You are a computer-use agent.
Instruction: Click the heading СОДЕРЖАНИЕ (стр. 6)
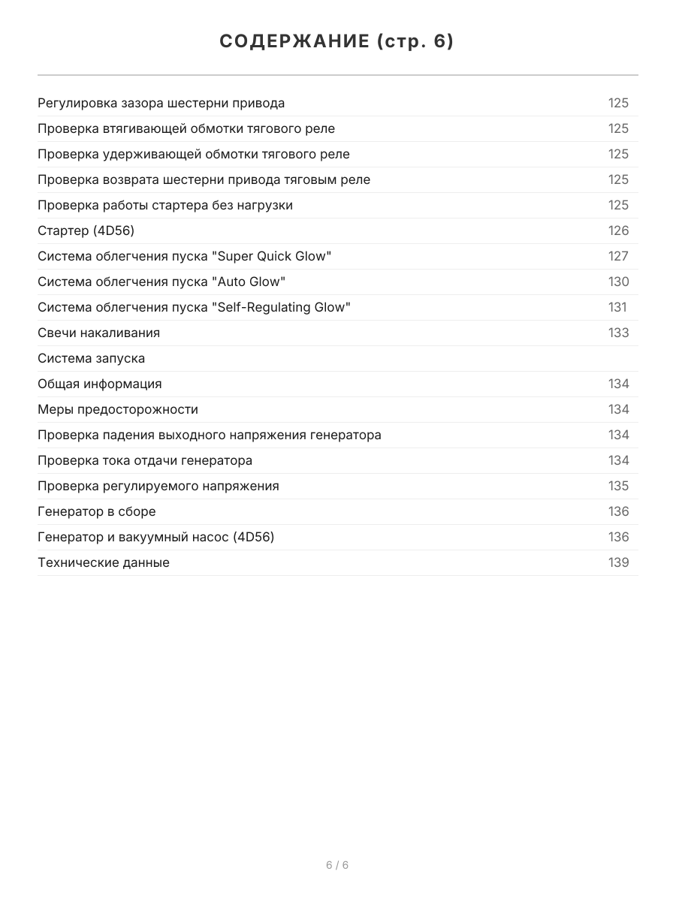337,41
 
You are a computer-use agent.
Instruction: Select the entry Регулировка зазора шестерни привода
161,104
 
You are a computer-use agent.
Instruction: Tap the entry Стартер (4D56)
86,231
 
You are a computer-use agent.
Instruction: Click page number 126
618,231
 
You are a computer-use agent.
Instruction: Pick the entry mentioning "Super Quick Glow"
185,257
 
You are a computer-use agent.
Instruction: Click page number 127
618,257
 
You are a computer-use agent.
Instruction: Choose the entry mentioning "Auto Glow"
161,282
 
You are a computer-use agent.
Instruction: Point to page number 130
618,282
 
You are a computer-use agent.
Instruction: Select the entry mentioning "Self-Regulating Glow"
194,308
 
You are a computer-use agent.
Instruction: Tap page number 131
617,308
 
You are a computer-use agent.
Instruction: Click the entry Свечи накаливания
99,333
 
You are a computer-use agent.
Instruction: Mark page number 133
618,333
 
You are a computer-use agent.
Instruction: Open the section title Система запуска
92,359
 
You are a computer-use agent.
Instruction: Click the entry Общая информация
100,384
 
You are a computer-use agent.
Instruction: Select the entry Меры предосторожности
118,410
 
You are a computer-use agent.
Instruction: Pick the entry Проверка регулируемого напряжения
158,487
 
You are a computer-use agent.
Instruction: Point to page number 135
618,487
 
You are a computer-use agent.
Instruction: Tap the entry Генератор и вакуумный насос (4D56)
156,538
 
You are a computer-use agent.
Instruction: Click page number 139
618,563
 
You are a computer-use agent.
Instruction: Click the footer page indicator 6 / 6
337,865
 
